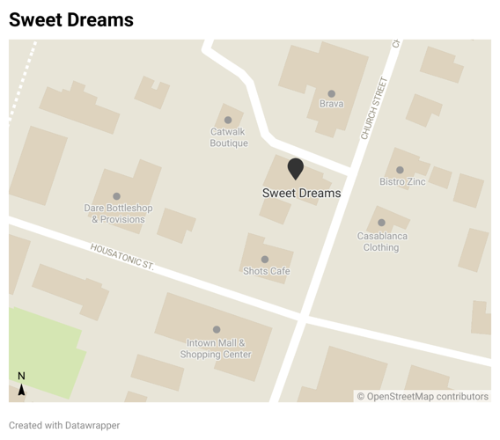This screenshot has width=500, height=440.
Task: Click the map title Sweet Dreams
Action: click(71, 19)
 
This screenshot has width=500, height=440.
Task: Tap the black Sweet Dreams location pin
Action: click(296, 168)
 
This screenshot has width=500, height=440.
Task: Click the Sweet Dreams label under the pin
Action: click(301, 193)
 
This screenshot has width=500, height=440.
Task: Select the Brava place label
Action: click(331, 104)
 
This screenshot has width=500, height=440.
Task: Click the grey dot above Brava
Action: click(332, 93)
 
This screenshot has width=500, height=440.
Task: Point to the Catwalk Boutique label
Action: click(229, 137)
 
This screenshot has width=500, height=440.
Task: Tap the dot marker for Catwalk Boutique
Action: click(228, 120)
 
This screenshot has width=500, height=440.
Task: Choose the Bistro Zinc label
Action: click(402, 181)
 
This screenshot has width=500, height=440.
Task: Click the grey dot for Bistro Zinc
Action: click(400, 170)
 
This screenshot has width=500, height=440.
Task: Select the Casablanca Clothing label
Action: click(382, 241)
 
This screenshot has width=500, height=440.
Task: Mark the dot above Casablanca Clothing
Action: click(381, 223)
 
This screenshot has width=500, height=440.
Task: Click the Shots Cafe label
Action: click(267, 271)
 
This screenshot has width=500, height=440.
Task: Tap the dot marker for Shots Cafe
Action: click(265, 260)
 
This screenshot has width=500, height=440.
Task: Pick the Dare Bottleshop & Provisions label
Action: click(118, 214)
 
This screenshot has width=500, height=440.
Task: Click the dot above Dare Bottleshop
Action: click(116, 196)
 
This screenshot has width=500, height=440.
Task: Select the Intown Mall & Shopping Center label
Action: click(216, 348)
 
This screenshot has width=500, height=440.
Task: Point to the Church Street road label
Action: click(374, 108)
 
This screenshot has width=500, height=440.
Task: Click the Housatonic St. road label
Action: click(121, 257)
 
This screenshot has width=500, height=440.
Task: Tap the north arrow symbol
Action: click(21, 385)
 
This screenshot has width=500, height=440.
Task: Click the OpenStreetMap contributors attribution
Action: click(423, 396)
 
